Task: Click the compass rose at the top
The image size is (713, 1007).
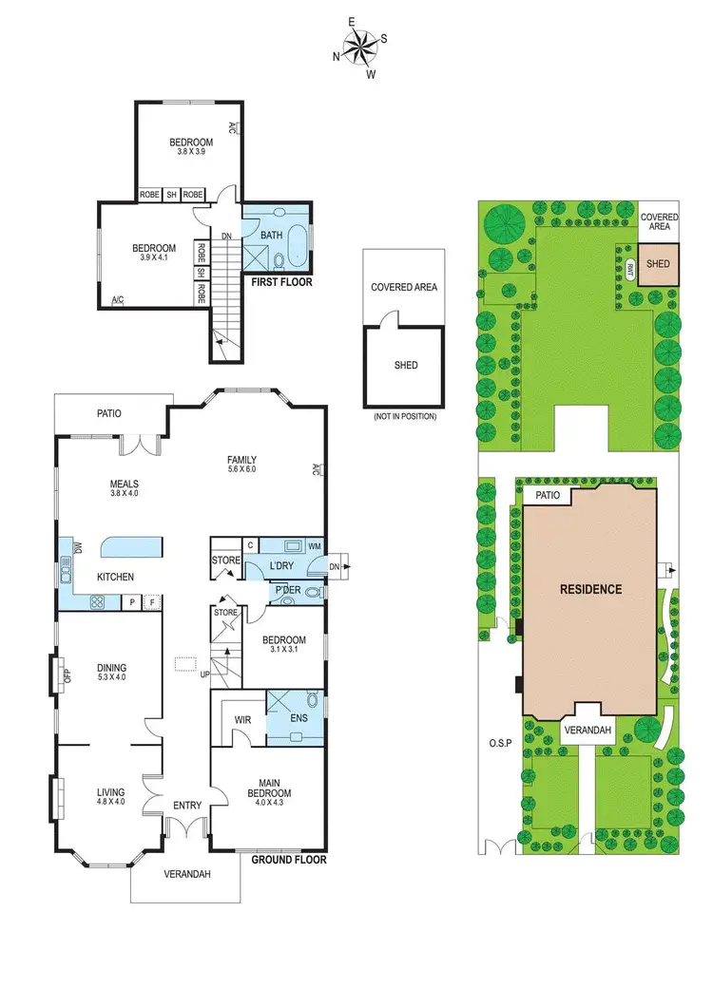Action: click(360, 47)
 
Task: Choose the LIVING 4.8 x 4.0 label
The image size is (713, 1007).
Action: click(110, 795)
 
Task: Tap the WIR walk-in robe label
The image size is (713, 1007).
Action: click(242, 720)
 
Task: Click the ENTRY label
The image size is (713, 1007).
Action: click(186, 806)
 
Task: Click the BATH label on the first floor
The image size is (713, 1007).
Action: click(272, 235)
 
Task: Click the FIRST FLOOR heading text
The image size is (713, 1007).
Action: click(280, 282)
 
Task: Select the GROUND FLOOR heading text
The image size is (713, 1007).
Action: click(289, 860)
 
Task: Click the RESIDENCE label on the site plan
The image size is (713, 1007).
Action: click(590, 589)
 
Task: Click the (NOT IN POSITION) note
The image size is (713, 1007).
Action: click(404, 416)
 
